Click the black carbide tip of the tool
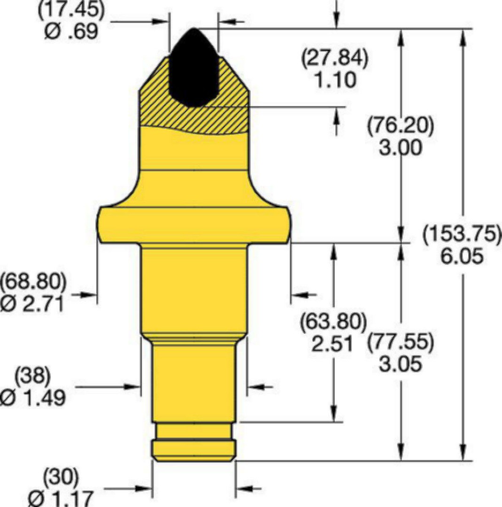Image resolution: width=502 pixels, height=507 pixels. pos(193,68)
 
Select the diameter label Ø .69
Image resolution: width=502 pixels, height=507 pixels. pos(71,32)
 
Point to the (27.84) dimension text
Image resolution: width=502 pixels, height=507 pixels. pos(334,58)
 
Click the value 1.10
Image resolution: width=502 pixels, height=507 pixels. pos(335,80)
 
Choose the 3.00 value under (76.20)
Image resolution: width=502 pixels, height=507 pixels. pos(401,147)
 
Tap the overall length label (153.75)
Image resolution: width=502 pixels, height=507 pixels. pos(462,233)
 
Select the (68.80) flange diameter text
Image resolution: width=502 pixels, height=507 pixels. pos(33,281)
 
